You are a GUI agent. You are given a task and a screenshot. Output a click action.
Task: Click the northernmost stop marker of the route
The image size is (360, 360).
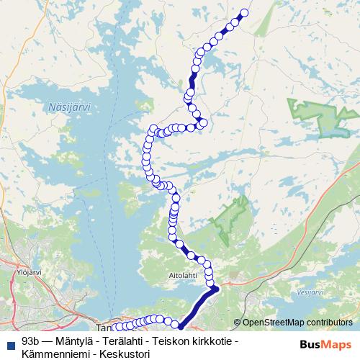click(243, 12)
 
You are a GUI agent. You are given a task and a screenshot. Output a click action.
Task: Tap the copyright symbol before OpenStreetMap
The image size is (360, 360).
click(238, 323)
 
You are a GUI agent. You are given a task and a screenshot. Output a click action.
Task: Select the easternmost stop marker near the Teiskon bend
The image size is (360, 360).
click(203, 123)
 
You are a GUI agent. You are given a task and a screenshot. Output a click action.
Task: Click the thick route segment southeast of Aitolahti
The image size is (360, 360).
click(198, 306)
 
